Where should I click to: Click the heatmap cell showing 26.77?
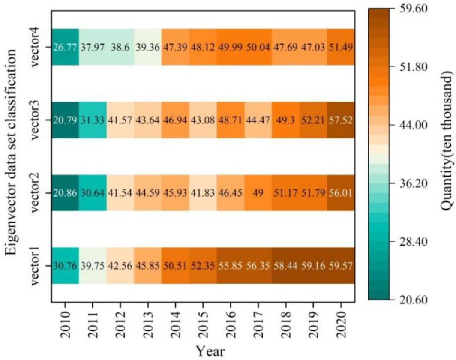(65, 47)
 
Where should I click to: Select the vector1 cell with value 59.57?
(341, 266)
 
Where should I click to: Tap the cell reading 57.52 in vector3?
(341, 120)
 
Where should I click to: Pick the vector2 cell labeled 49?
(258, 193)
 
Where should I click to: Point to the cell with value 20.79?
(65, 120)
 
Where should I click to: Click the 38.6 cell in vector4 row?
(120, 47)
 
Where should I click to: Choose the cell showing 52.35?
(203, 266)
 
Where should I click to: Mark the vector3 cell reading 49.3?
(285, 120)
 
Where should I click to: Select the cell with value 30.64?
(93, 193)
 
